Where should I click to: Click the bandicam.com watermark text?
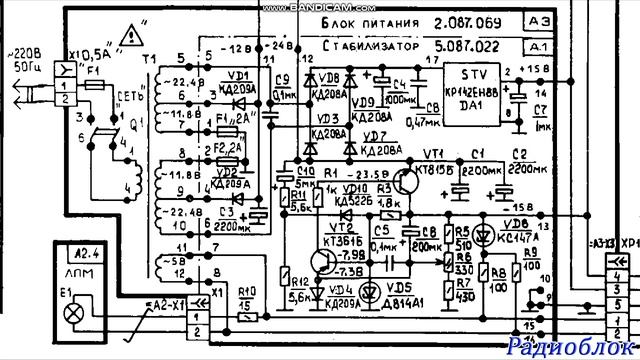tap(318, 6)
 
